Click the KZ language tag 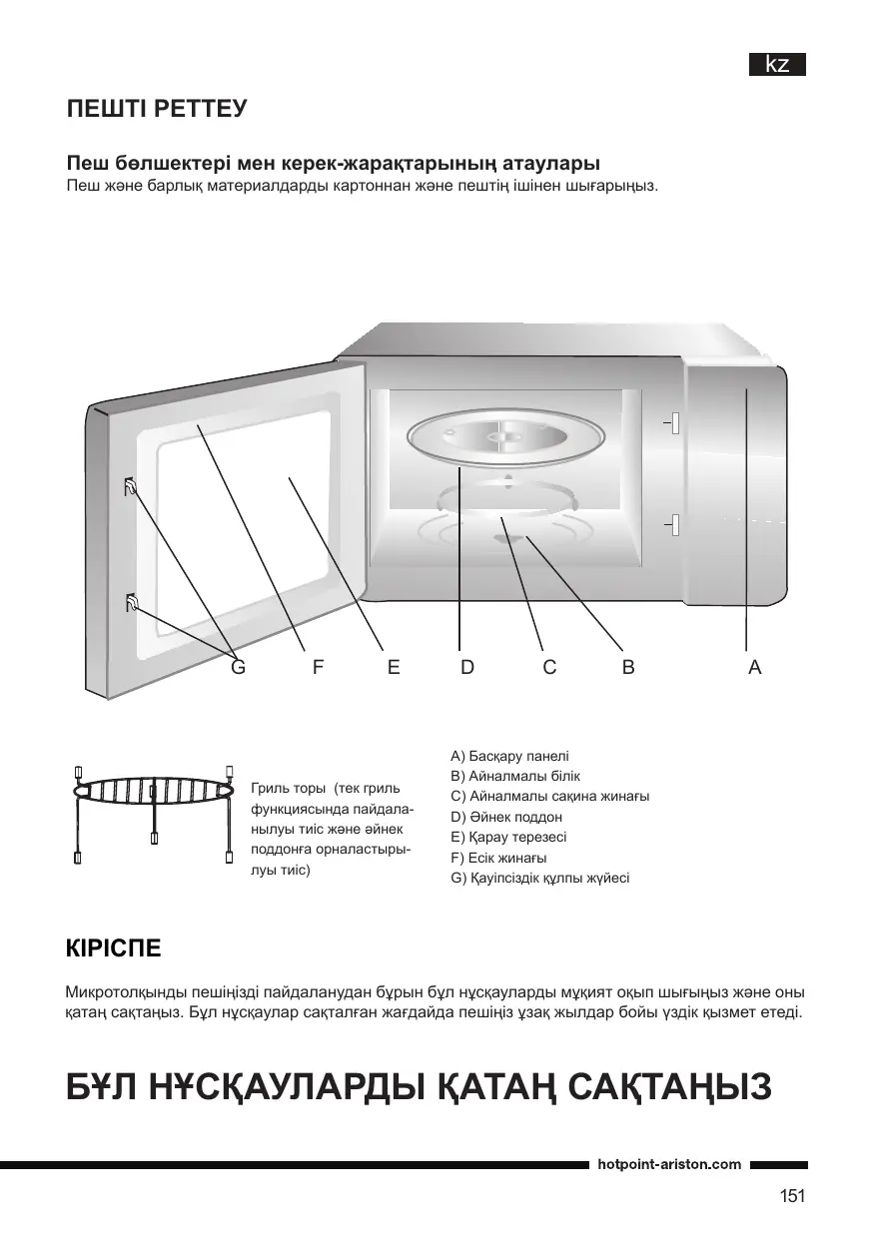(777, 65)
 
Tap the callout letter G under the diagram (238, 668)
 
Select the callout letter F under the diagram (317, 668)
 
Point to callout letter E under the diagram (394, 668)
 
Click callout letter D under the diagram (467, 668)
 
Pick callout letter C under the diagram (549, 668)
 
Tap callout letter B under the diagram (628, 668)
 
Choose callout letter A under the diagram (754, 668)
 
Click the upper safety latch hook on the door (131, 488)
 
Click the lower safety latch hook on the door (131, 602)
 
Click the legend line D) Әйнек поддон (506, 817)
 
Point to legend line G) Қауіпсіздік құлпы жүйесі (540, 878)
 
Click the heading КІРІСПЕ (112, 946)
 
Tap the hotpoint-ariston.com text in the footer (669, 1164)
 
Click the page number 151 (792, 1195)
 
